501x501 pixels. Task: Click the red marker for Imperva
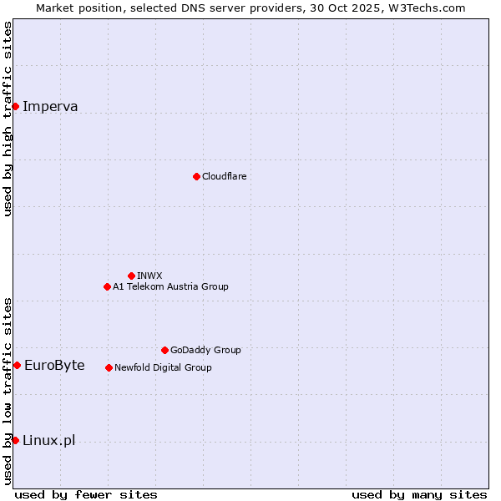click(15, 106)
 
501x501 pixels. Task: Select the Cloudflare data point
click(196, 176)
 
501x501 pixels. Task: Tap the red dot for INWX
click(131, 276)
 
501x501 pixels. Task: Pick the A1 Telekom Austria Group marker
click(107, 286)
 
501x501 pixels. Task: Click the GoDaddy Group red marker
click(164, 350)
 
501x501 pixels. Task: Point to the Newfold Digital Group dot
click(109, 367)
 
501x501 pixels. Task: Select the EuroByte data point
click(17, 365)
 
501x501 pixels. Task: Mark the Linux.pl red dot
click(15, 440)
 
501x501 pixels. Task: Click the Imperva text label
click(50, 106)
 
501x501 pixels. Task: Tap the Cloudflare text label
click(224, 176)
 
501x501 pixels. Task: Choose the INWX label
click(149, 276)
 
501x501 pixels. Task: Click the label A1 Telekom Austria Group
click(170, 286)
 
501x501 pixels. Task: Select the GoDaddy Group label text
click(205, 350)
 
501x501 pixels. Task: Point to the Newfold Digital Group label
click(163, 367)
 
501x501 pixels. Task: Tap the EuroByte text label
click(54, 365)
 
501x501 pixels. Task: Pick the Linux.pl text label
click(48, 440)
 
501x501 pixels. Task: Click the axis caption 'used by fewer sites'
click(86, 494)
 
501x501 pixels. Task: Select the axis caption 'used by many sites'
click(419, 494)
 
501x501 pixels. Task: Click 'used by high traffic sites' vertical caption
click(8, 119)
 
